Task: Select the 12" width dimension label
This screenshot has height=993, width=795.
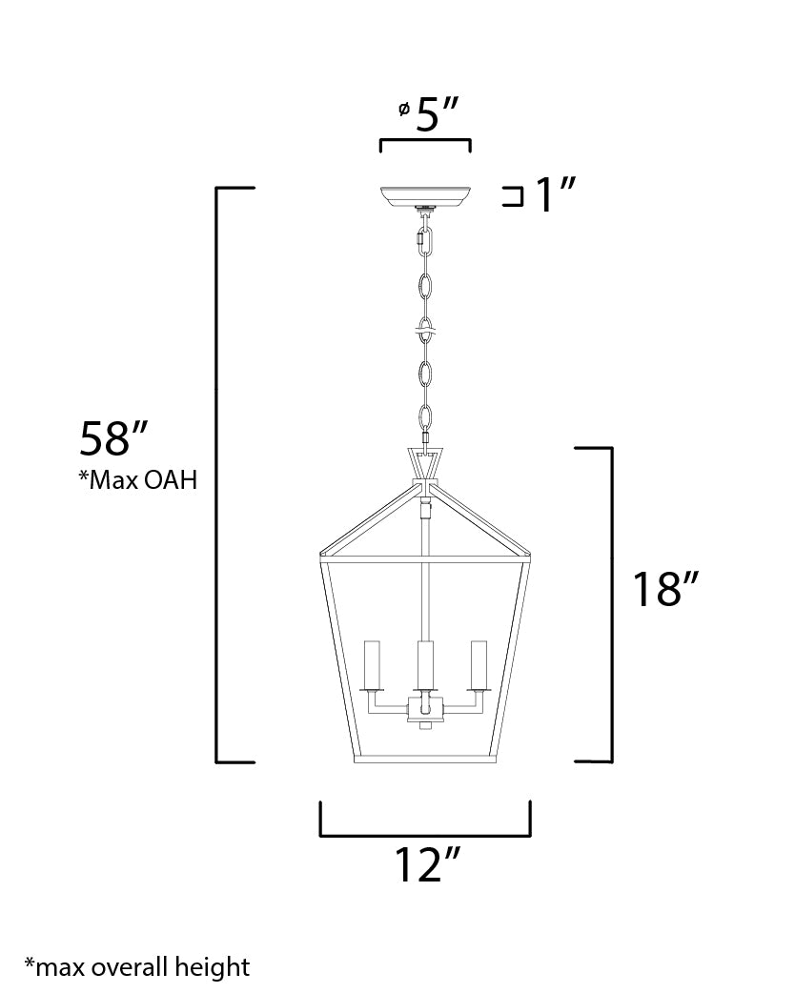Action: click(426, 864)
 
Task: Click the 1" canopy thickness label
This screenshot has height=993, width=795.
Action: click(556, 196)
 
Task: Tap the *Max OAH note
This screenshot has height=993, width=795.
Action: click(138, 480)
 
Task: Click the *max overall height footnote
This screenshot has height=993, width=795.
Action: click(137, 967)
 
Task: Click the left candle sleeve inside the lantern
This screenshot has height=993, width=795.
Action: click(373, 666)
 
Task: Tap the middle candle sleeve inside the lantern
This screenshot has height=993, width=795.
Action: click(425, 666)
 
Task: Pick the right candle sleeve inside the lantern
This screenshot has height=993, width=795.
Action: click(478, 666)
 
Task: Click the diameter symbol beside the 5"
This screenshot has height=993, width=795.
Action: click(403, 111)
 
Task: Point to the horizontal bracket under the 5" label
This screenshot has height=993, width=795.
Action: click(425, 142)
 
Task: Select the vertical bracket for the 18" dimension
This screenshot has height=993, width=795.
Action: click(609, 604)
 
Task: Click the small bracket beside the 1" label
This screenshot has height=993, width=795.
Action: click(513, 196)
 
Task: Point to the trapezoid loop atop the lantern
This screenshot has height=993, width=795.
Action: click(425, 463)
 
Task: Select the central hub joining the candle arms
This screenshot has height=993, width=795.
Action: click(425, 710)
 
